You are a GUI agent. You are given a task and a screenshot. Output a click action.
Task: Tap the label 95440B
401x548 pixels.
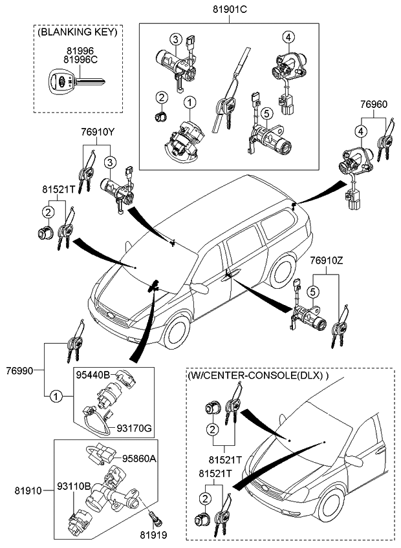coord(94,374)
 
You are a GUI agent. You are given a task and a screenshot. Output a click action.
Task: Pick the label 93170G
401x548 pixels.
coord(135,428)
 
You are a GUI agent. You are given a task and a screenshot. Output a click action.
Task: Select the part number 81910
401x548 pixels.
coord(21,491)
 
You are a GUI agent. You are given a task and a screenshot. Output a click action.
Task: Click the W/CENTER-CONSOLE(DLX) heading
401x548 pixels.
coord(258,375)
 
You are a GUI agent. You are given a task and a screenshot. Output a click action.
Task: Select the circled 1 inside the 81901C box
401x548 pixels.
coord(190,101)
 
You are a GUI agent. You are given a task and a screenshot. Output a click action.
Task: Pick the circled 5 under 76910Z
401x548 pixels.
coord(311,292)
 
